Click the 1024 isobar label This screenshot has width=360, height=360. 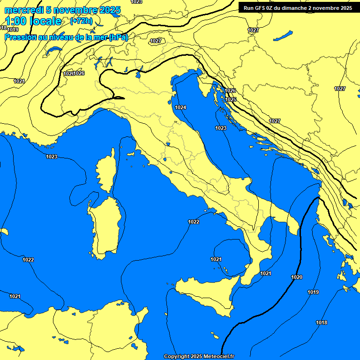[x=180, y=107]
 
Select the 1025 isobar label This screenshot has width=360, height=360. [x=231, y=99]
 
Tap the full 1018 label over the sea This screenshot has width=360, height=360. [x=322, y=322]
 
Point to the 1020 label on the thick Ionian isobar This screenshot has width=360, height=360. [x=297, y=277]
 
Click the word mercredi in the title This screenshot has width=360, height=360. [x=24, y=10]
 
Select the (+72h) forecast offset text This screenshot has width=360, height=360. [x=81, y=21]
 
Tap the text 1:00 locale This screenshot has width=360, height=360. [x=34, y=21]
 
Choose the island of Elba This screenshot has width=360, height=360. [x=132, y=154]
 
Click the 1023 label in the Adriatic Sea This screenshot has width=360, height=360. [x=221, y=128]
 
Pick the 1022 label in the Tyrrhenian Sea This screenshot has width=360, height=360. [x=193, y=222]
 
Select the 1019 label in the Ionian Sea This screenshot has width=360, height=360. [x=313, y=292]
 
